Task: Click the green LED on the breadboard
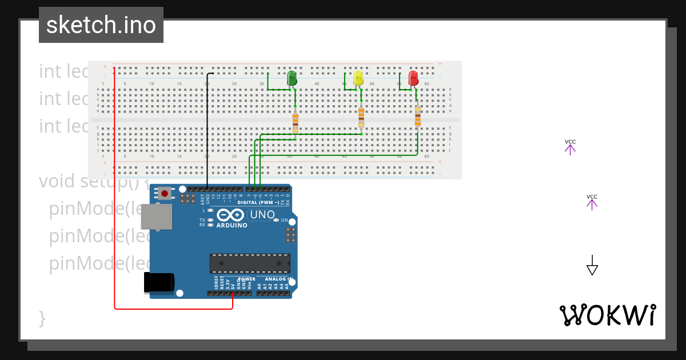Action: [292, 78]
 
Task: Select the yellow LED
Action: [358, 78]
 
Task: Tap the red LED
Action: [413, 78]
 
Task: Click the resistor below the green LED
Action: [295, 121]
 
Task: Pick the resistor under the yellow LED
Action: [361, 118]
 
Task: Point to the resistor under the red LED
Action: [417, 117]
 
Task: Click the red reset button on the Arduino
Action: [165, 193]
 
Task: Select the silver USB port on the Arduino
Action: [157, 217]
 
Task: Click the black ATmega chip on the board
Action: [250, 263]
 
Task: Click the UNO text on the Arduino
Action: [262, 215]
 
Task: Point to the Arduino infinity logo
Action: [231, 215]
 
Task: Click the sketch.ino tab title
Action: [101, 25]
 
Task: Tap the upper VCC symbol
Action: [570, 147]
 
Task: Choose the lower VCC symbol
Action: [592, 202]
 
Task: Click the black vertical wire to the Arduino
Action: [207, 131]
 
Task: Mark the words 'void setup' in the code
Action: [63, 181]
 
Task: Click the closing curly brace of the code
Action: [42, 318]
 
